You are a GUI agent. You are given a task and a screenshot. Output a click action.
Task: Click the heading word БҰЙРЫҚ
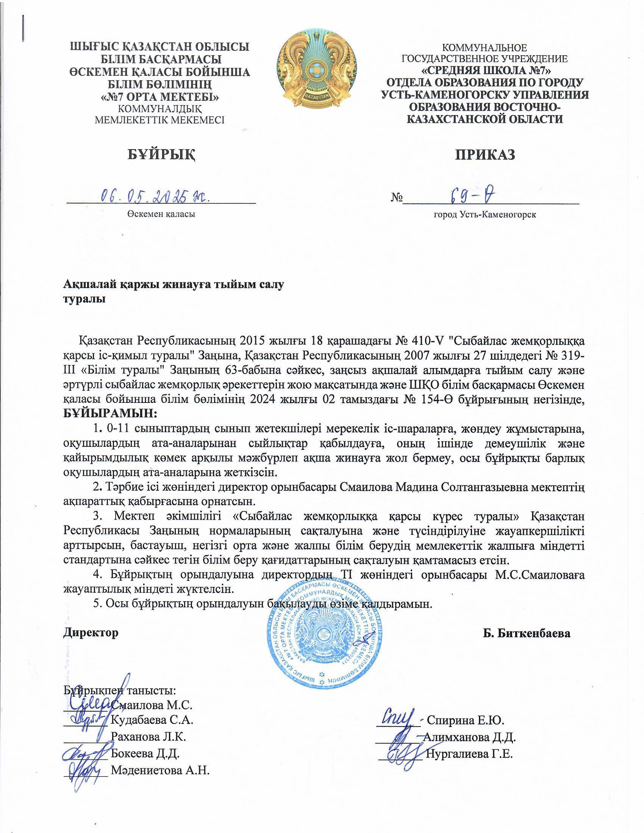click(160, 154)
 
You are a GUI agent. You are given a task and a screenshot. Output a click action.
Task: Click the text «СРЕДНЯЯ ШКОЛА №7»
click(485, 70)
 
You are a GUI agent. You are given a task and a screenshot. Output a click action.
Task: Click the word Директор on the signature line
click(91, 633)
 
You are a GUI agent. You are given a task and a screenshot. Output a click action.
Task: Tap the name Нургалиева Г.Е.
click(469, 754)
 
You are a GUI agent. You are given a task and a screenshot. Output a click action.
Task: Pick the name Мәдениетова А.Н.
click(160, 771)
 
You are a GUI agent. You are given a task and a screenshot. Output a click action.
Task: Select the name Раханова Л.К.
click(148, 737)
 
